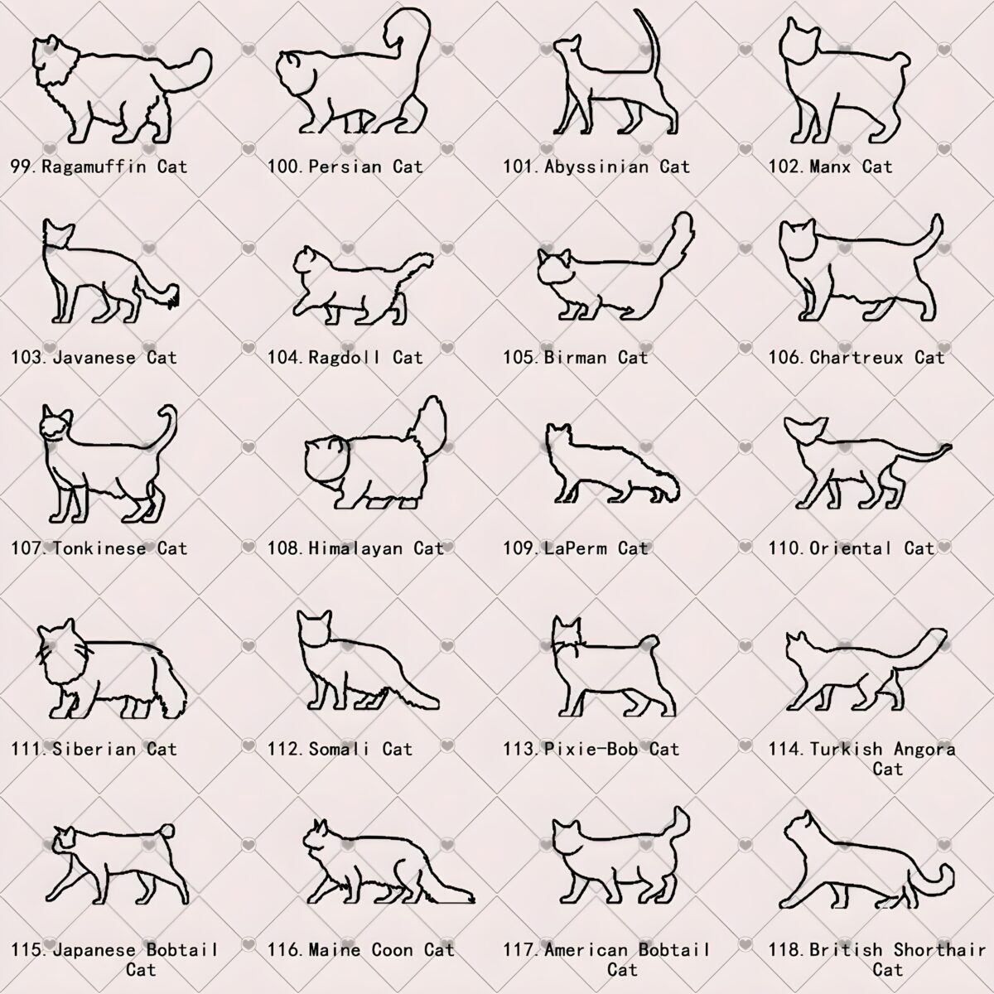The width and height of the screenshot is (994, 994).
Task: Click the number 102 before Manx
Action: coord(785,166)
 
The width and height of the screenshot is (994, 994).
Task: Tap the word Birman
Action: coord(575,358)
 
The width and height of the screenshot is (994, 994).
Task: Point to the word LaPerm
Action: coord(576,548)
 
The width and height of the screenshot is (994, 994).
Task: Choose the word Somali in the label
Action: coord(339,749)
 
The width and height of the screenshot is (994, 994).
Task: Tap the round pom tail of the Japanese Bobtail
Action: coord(166,832)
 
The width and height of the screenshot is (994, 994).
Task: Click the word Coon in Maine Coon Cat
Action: coord(392,949)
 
